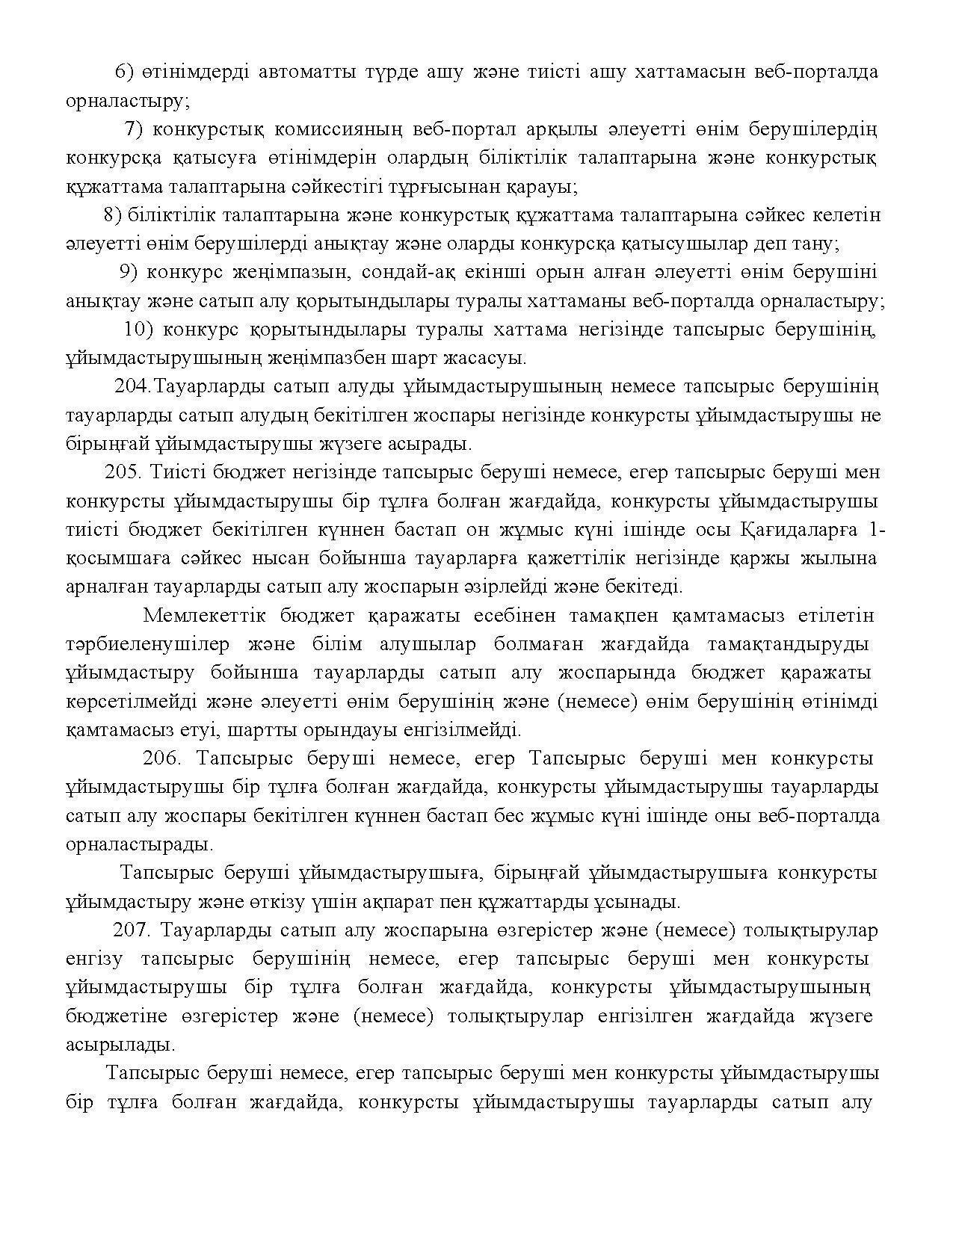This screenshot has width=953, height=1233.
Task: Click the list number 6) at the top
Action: (x=124, y=72)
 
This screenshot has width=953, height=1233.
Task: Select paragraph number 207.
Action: (x=132, y=930)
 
